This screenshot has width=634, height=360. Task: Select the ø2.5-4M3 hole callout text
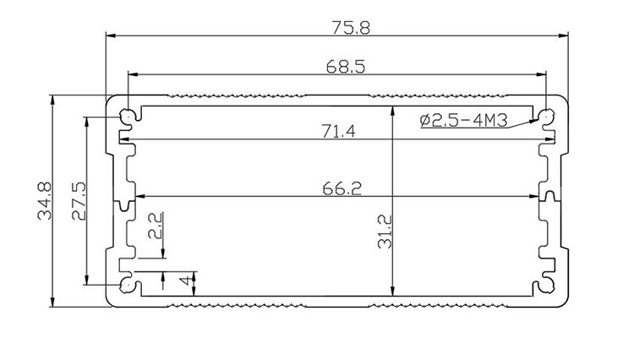(463, 120)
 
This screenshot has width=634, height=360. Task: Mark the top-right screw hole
(549, 114)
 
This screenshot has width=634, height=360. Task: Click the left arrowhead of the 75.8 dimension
(110, 35)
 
